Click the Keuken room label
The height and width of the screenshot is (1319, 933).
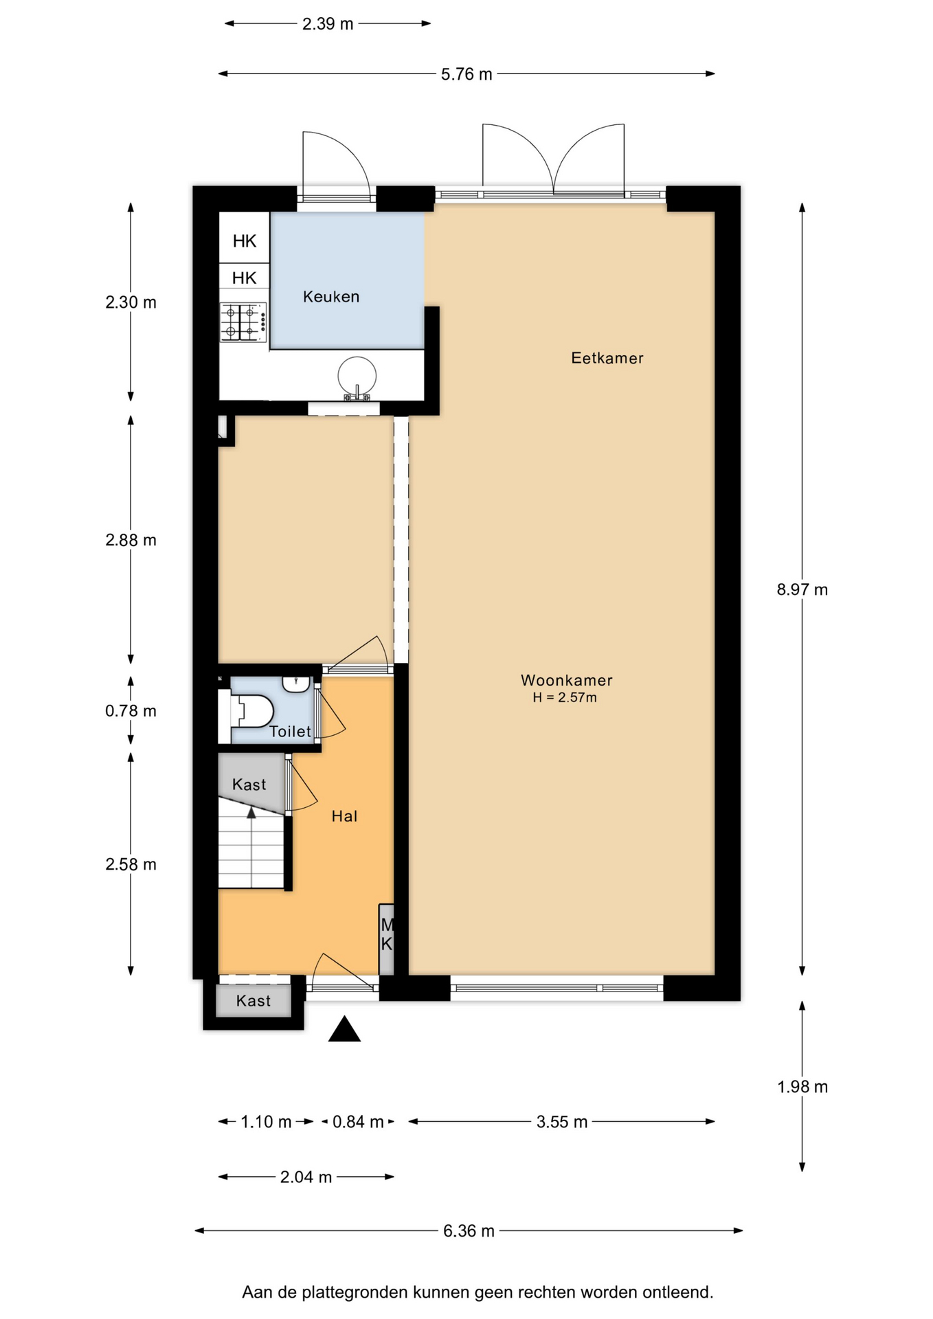[331, 297]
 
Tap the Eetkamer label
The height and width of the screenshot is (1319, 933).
[607, 358]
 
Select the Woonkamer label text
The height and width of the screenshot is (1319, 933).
[567, 680]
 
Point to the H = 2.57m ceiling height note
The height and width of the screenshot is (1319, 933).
[565, 698]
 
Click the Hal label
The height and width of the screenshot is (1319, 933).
[344, 816]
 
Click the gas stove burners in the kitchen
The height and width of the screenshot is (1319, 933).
[243, 322]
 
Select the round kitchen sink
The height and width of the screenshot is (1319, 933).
[357, 377]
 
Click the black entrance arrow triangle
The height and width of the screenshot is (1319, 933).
[344, 1029]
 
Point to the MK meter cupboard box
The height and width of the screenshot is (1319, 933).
[387, 939]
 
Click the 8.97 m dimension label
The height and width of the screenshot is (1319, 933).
[802, 589]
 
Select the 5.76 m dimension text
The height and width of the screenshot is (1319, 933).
[466, 74]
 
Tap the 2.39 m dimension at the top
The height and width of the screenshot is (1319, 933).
[328, 24]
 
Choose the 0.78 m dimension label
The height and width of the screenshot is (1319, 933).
[131, 711]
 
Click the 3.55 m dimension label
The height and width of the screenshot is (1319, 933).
[562, 1122]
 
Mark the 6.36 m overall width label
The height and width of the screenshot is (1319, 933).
[469, 1230]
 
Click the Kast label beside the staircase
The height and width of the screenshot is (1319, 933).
[249, 785]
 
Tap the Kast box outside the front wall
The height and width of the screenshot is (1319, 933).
[254, 1001]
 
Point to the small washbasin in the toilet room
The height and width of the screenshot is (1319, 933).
[296, 684]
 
